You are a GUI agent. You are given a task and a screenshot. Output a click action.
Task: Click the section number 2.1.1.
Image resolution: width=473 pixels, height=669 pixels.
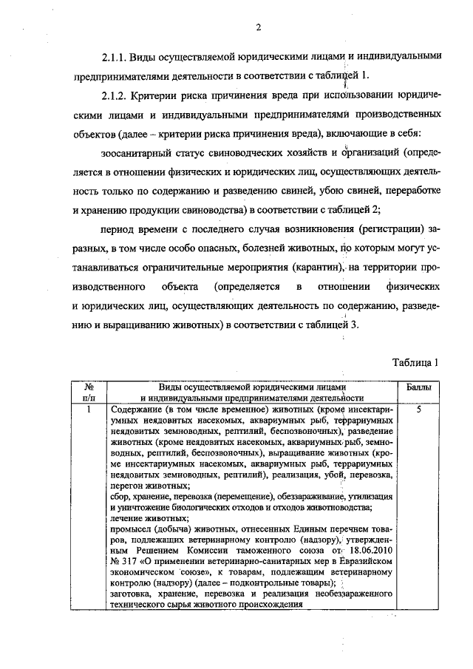click(117, 56)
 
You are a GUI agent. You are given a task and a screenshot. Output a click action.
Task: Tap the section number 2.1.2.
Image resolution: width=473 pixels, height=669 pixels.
click(117, 96)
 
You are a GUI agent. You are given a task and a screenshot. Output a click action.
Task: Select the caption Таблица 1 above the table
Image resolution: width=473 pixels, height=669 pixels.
click(416, 362)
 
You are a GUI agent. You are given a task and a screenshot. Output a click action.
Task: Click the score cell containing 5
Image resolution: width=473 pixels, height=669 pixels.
click(419, 407)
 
